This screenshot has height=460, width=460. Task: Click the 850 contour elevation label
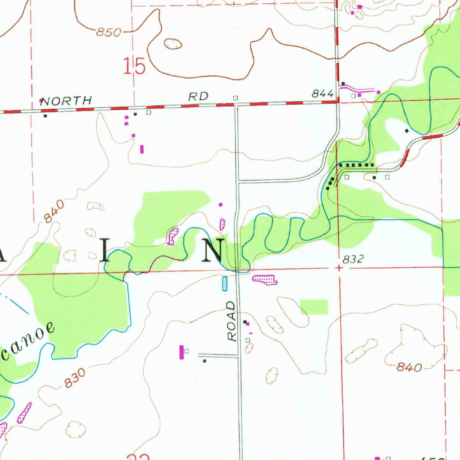coord(110,32)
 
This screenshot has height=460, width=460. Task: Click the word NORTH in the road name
coord(66,101)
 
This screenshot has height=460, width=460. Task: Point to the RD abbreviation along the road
coord(199,97)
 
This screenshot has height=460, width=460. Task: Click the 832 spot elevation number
coord(353,259)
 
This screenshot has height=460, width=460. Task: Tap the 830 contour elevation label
coord(74,378)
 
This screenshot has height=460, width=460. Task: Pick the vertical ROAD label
coord(231,321)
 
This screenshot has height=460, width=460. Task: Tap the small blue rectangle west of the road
coord(225,284)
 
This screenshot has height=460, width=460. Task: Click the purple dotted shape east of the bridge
coord(265,280)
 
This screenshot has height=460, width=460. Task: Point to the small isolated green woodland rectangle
coord(314,307)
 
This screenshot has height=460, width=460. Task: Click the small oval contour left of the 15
coord(173,44)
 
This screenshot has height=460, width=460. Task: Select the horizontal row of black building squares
coord(357,165)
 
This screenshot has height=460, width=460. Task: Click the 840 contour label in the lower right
coord(409,367)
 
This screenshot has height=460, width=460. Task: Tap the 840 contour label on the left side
coord(54,211)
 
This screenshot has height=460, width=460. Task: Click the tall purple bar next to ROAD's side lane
coord(181,352)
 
